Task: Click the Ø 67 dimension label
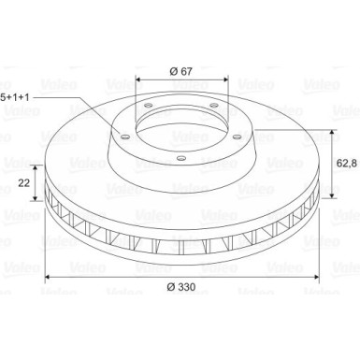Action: tap(180, 71)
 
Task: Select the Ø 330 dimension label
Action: tap(181, 287)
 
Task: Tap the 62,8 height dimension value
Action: tap(347, 163)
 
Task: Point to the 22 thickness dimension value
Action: tap(24, 183)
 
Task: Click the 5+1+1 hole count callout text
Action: tap(15, 97)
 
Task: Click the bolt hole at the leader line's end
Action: tap(125, 137)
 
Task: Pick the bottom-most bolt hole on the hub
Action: tap(180, 158)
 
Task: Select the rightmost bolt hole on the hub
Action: tap(238, 137)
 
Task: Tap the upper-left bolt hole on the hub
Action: tap(149, 105)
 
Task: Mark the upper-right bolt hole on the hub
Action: tap(214, 105)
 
